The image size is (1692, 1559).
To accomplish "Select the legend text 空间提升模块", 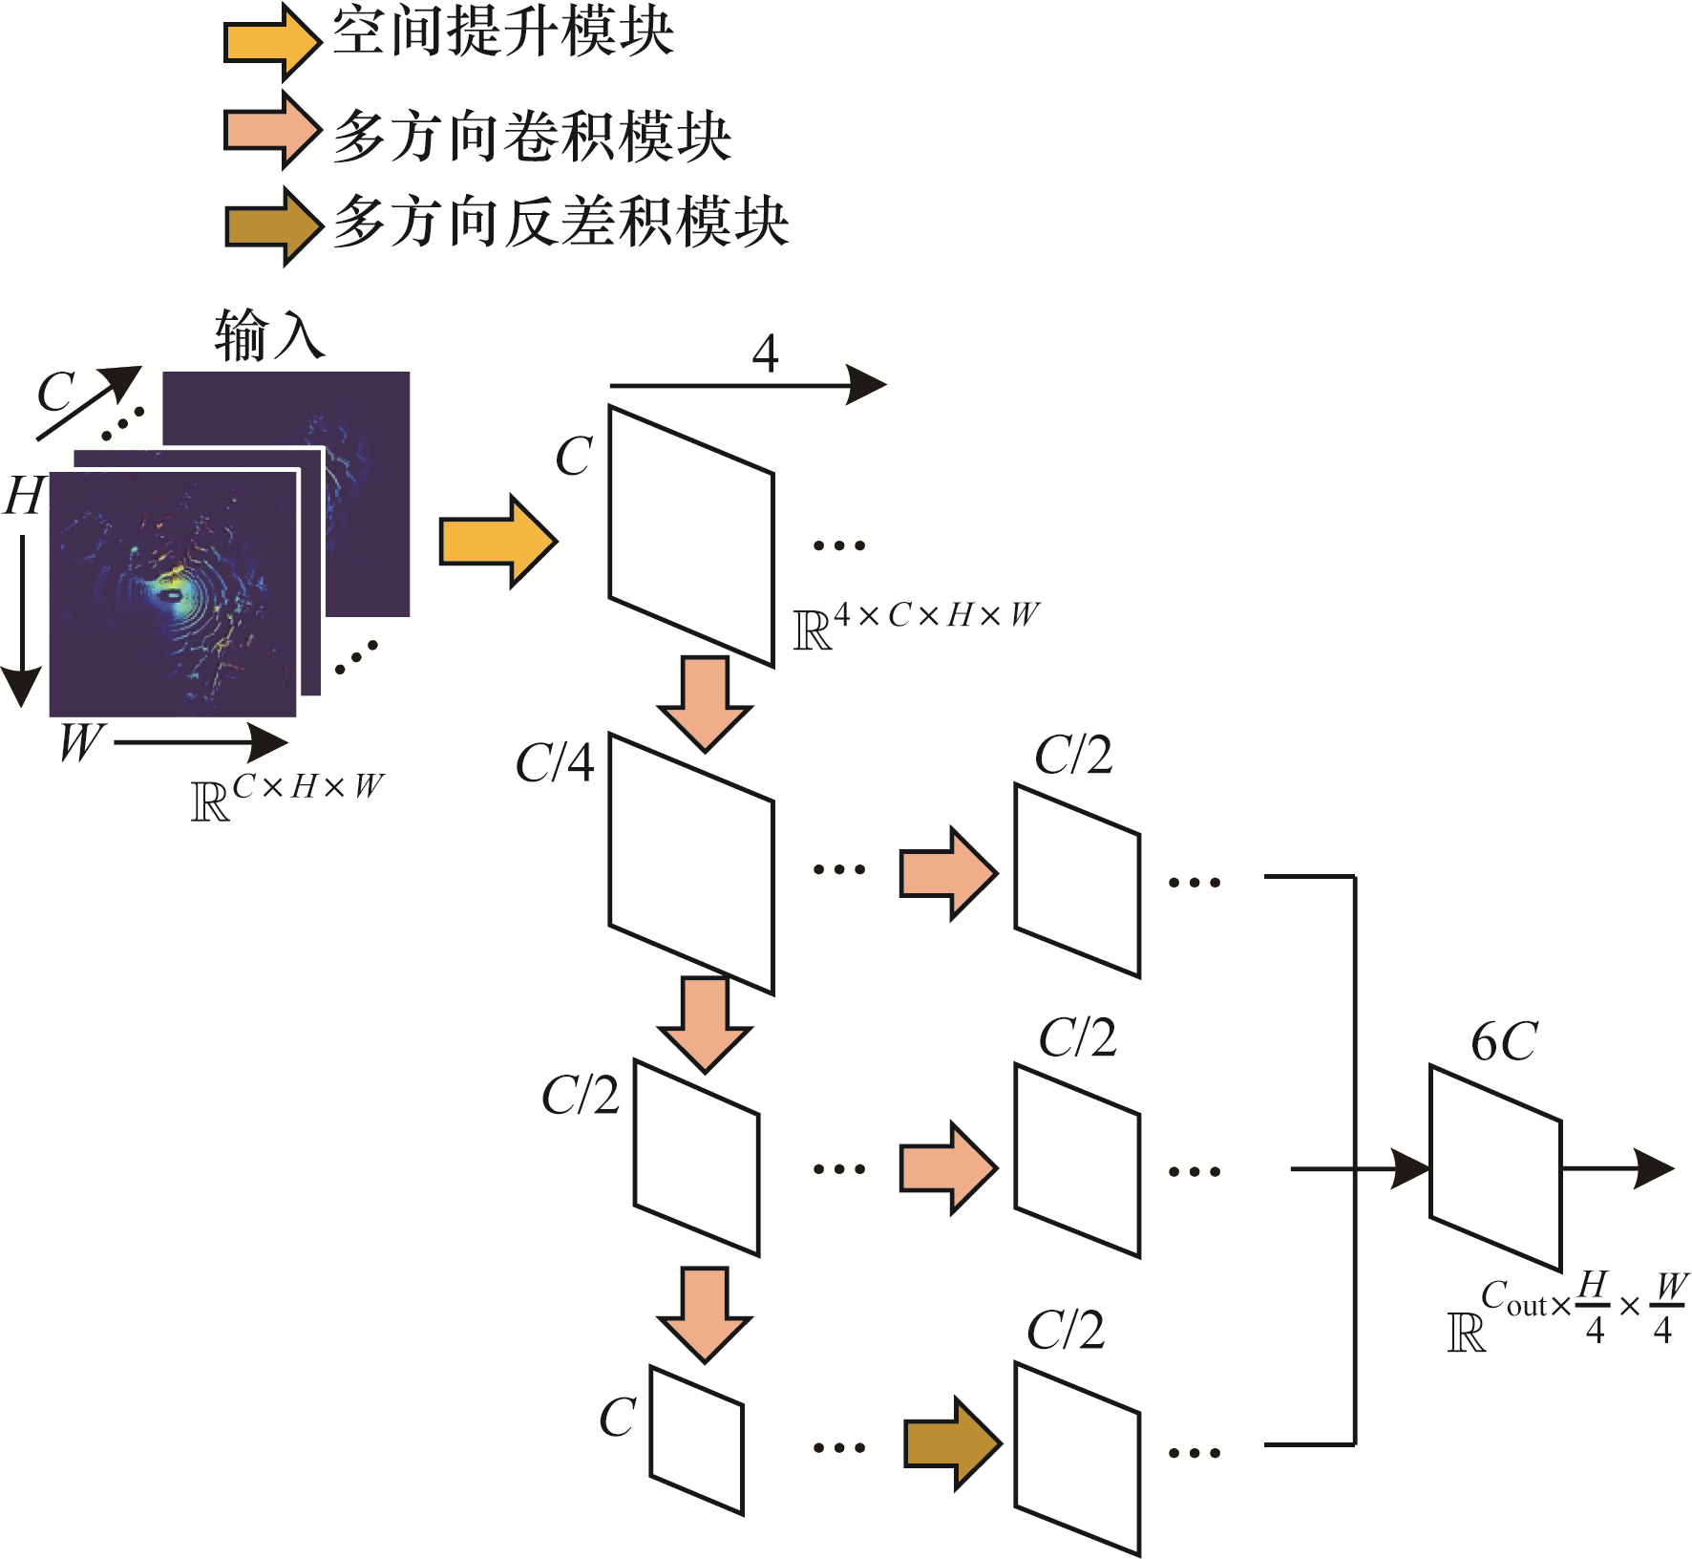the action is [x=503, y=31].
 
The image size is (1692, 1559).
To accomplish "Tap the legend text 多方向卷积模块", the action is [x=532, y=136].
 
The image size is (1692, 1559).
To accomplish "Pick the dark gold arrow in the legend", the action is [x=273, y=226].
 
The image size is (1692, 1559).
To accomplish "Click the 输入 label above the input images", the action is [x=269, y=335].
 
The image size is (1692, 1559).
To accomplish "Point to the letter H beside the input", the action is [x=24, y=496].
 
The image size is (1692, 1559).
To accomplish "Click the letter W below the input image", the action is [x=80, y=741].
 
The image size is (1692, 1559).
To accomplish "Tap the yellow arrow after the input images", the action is [x=498, y=542].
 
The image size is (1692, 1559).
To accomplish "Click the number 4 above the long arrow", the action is [x=765, y=353].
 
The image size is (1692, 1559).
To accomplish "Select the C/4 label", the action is [x=555, y=762].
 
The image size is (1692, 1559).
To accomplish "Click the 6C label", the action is [x=1504, y=1041].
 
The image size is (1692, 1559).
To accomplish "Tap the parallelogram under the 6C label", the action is [x=1495, y=1168].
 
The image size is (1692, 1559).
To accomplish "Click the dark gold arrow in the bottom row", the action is [x=954, y=1443].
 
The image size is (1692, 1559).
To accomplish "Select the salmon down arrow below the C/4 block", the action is [x=706, y=1025].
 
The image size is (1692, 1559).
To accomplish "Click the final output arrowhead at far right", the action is [x=1654, y=1168].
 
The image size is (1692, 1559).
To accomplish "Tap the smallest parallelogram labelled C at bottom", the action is [x=697, y=1441].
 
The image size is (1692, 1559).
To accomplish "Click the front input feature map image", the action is [x=173, y=594].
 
